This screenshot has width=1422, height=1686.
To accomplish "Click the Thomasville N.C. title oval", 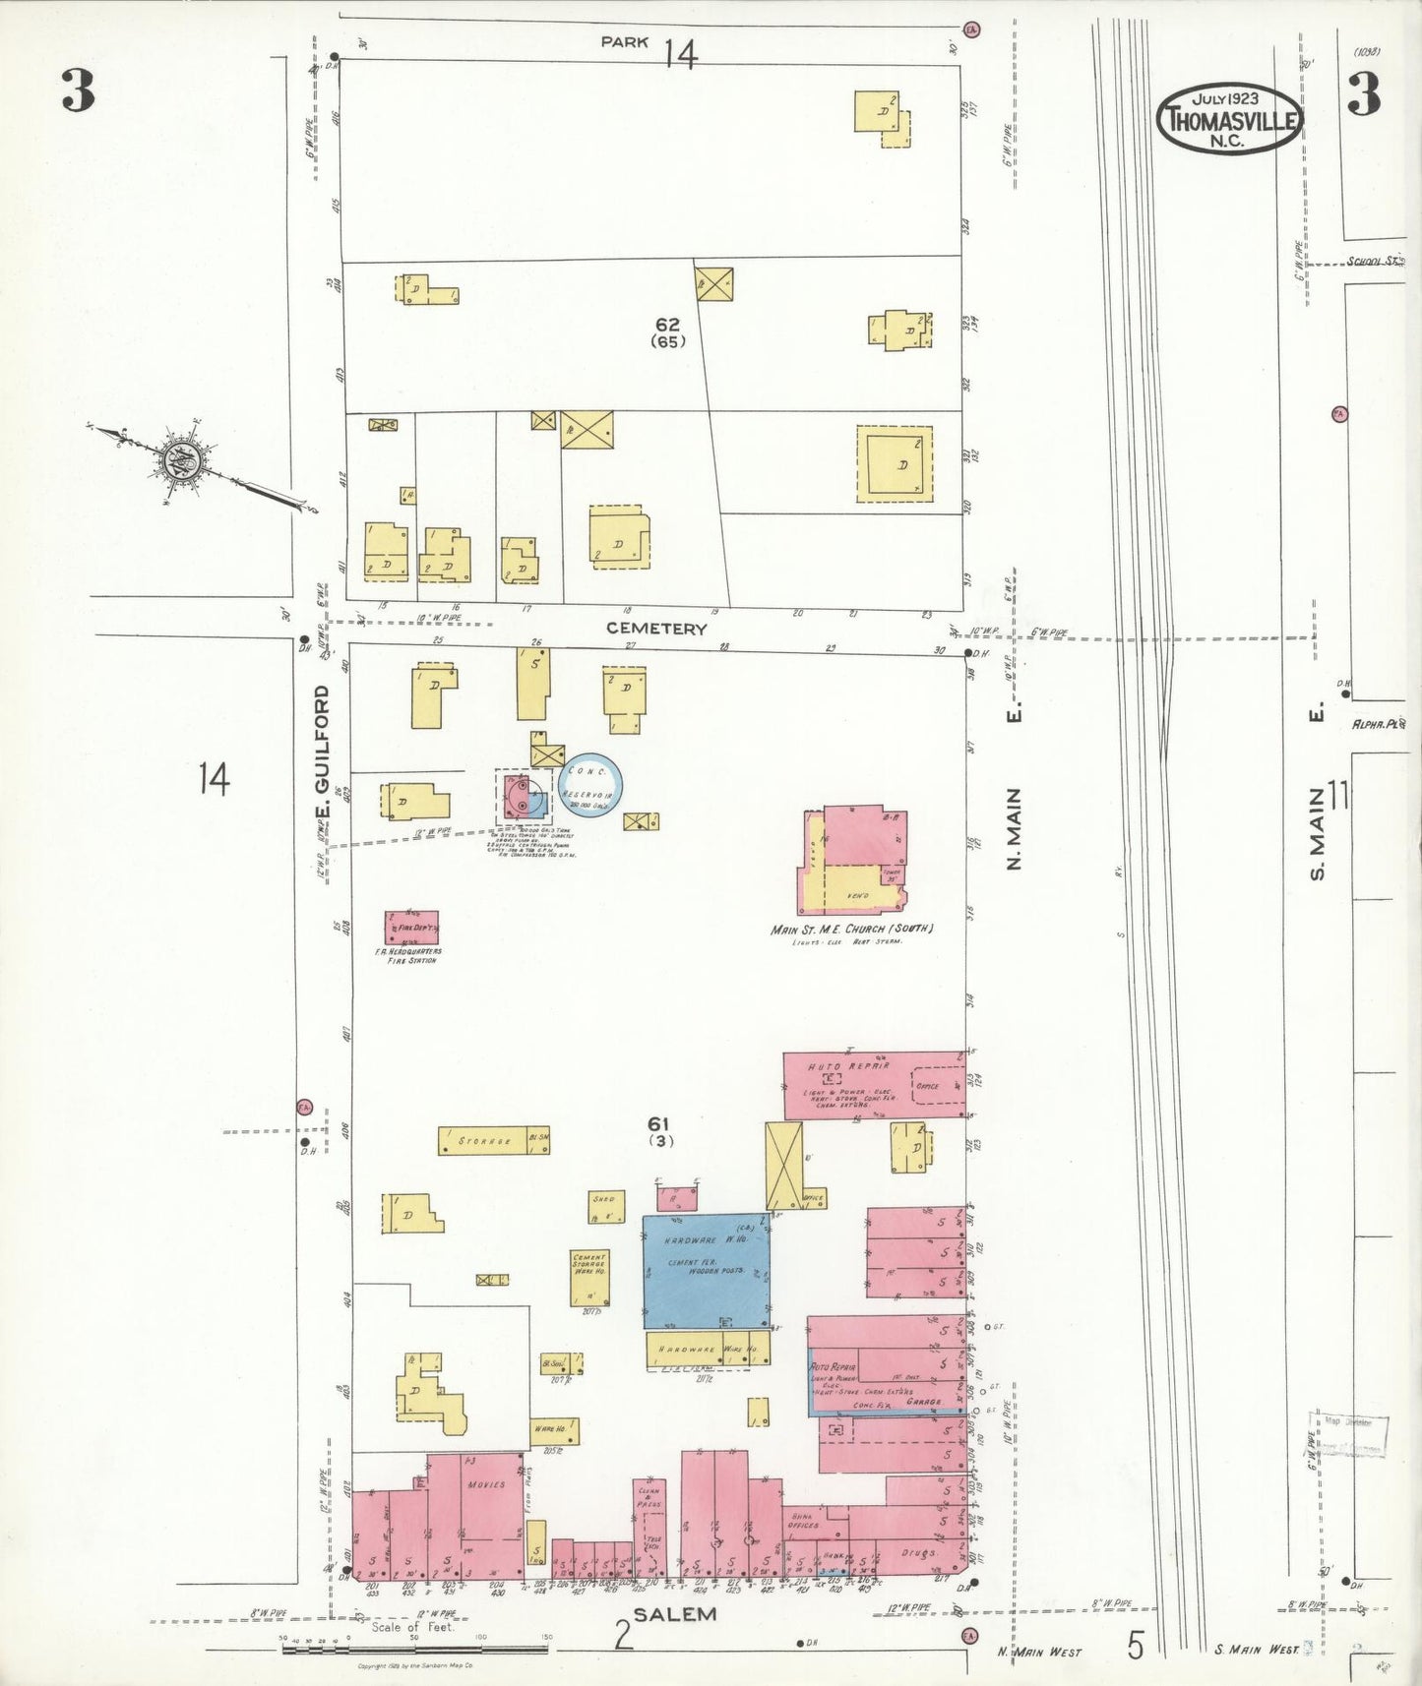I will (1230, 119).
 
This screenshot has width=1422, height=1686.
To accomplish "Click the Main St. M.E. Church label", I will (852, 929).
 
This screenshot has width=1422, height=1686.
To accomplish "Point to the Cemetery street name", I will (655, 628).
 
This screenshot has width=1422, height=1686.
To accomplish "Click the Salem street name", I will (674, 1615).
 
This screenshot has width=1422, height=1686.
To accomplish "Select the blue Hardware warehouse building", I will (706, 1271).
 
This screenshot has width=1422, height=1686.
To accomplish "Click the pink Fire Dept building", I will (411, 927).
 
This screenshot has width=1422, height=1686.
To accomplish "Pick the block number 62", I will (668, 324).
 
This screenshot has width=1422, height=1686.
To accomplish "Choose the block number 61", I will (658, 1123).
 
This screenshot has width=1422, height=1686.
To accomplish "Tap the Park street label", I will (626, 41).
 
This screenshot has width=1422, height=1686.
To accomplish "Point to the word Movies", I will (486, 1484).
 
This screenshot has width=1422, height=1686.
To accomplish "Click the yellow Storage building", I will (493, 1140).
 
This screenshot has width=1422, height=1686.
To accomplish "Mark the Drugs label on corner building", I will (917, 1552).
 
